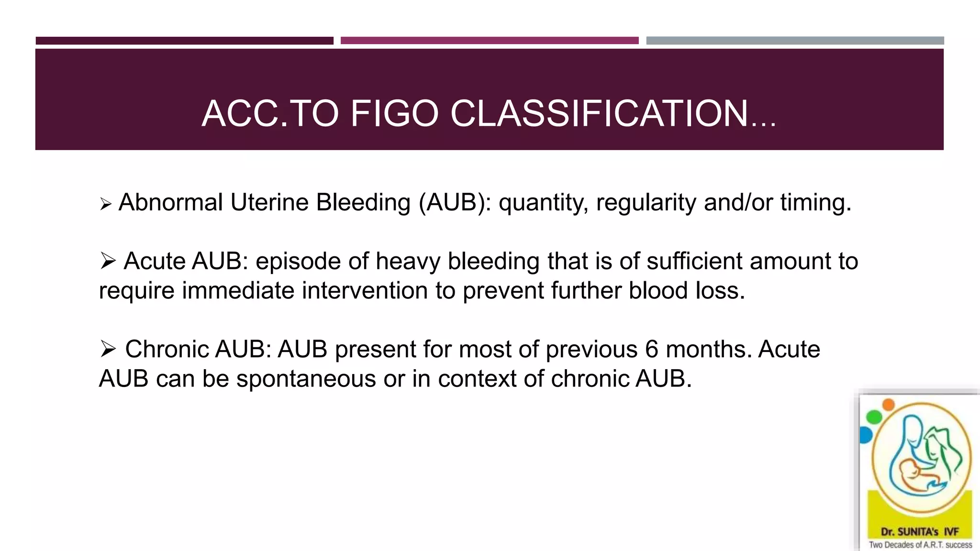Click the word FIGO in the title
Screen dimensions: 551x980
point(394,113)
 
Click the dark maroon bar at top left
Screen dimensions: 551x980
point(184,41)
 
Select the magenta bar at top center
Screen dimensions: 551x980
point(490,41)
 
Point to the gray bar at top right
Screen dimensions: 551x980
point(795,41)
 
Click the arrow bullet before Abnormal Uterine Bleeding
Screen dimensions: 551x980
point(106,205)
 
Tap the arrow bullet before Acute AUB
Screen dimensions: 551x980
point(108,261)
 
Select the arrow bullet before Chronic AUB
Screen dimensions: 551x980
point(108,349)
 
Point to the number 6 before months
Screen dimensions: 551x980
point(652,349)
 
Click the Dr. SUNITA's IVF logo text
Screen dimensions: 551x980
point(920,532)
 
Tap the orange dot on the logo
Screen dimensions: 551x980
point(889,405)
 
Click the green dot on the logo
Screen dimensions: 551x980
point(874,417)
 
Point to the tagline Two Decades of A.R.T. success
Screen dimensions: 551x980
point(920,545)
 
